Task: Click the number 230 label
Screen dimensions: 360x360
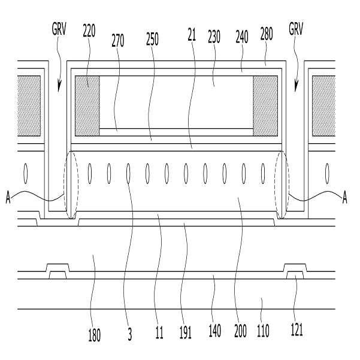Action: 213,36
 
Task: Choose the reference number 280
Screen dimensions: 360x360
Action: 267,35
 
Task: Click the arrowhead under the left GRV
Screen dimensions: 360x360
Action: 58,88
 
